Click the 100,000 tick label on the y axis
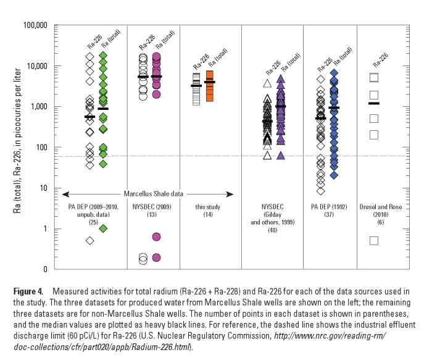(35, 25)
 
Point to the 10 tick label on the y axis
(43, 188)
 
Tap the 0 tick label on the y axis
(46, 269)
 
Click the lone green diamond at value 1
(103, 228)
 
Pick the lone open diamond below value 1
(90, 241)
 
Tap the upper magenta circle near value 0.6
(156, 237)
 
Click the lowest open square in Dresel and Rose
(373, 240)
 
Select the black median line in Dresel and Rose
(373, 104)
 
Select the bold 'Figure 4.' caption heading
(30, 291)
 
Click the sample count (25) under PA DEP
(93, 220)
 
